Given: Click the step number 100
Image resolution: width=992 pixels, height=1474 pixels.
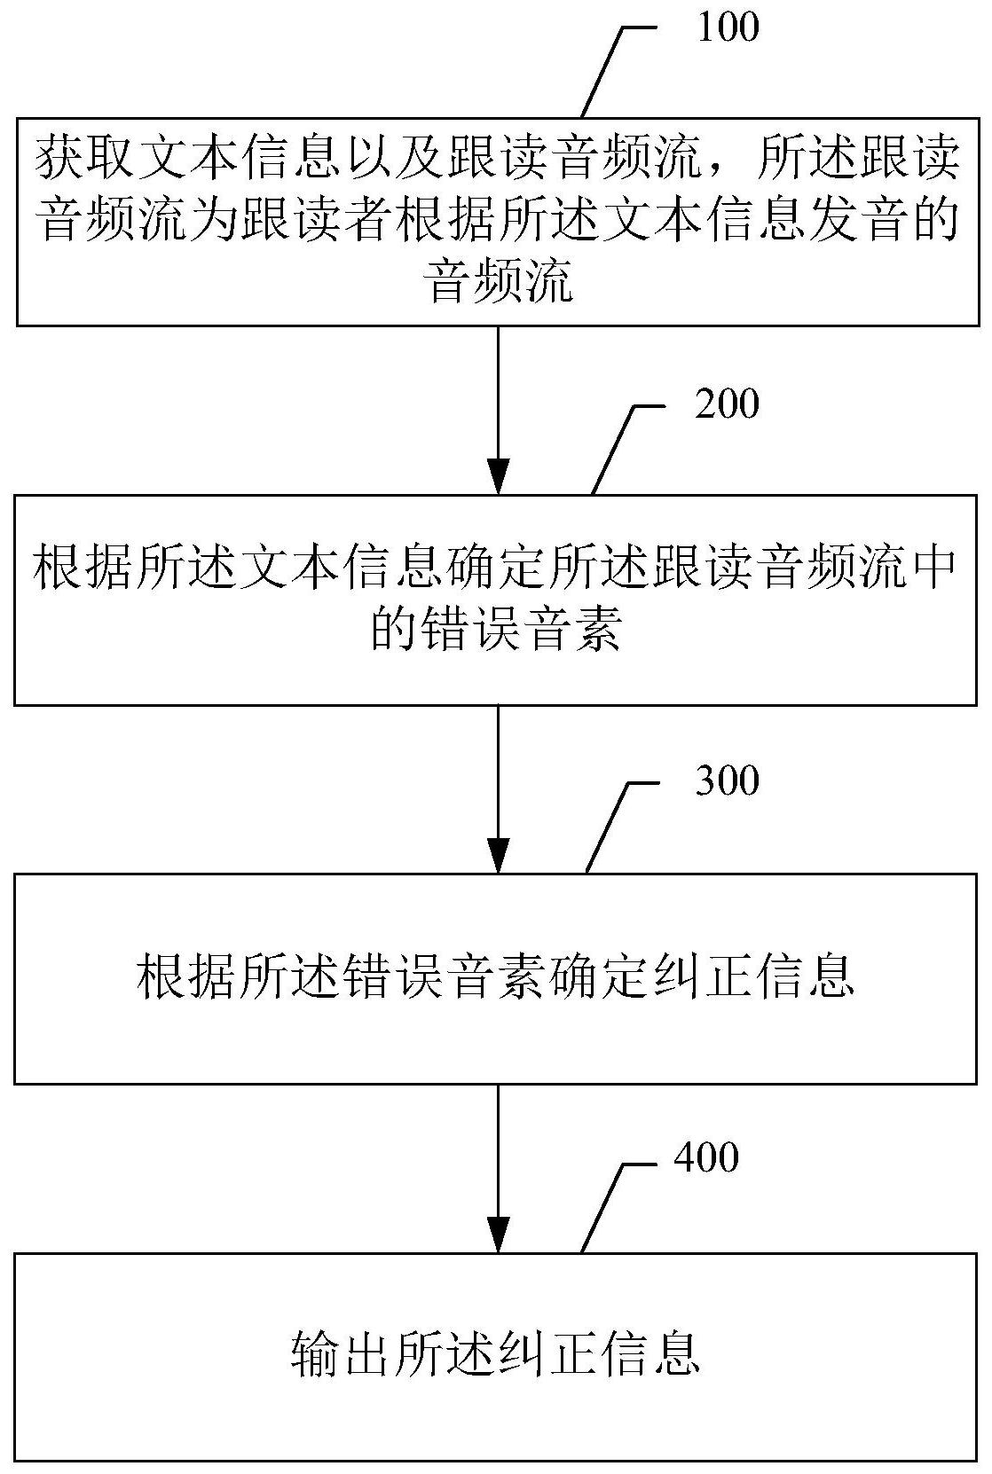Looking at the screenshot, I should (x=728, y=27).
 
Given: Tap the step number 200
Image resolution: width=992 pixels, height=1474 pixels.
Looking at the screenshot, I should (x=728, y=404).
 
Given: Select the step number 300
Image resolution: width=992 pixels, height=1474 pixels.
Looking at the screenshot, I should (x=728, y=780).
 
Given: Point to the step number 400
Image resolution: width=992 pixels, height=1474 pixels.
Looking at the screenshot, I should (x=706, y=1157).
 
